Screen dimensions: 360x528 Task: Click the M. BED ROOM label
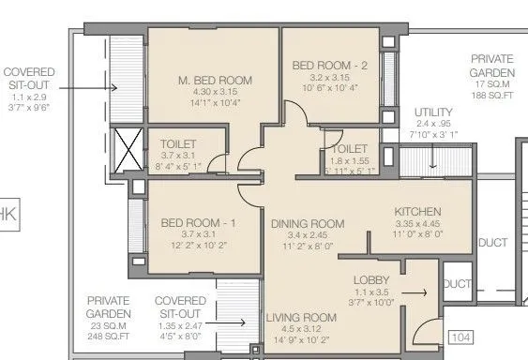[215, 81]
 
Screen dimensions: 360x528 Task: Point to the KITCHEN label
[417, 212]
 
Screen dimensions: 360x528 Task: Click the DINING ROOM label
[308, 223]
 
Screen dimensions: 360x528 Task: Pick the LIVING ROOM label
[300, 317]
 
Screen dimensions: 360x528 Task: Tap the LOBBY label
[372, 280]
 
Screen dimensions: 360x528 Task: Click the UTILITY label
[432, 112]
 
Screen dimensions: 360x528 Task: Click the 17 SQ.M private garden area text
[493, 82]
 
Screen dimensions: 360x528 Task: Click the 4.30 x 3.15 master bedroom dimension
[215, 93]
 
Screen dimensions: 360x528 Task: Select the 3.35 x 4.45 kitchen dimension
[417, 224]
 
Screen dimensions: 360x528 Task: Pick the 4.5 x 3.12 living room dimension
[300, 329]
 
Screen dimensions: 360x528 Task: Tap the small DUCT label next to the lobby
[457, 284]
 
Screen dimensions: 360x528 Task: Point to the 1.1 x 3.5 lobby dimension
[372, 292]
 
